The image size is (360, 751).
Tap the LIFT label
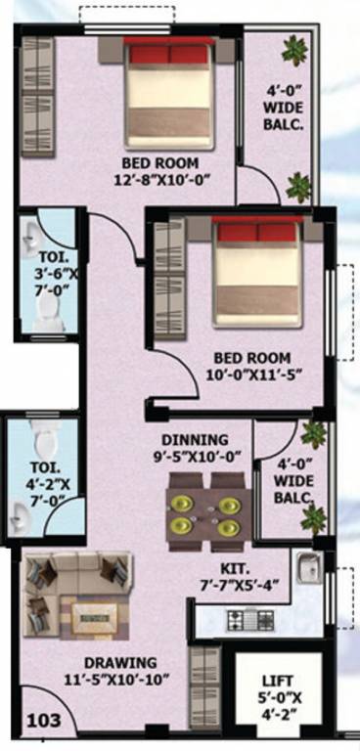point(275,681)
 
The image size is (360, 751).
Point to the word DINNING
point(195,439)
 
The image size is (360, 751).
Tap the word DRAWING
point(118,661)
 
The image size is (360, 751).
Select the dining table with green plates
point(204,506)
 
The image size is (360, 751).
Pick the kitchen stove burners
point(251,619)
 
